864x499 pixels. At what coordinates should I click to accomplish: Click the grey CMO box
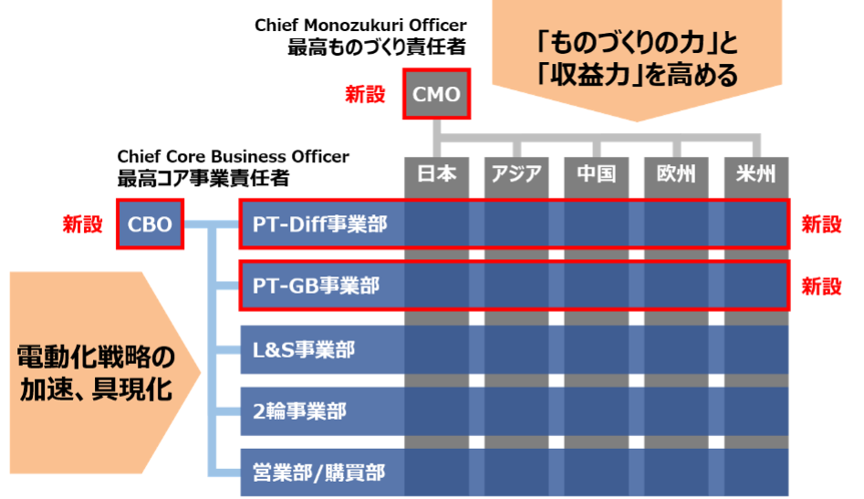click(437, 94)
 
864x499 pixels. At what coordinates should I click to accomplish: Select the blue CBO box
click(151, 224)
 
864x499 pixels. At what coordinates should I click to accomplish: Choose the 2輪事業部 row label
click(299, 411)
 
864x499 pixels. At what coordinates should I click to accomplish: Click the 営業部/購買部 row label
click(318, 473)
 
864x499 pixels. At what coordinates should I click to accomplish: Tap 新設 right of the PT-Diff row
click(821, 224)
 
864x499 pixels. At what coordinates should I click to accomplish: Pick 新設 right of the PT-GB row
click(821, 286)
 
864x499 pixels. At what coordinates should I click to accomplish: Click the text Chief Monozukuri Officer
click(360, 25)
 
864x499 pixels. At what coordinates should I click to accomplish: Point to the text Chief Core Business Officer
click(233, 157)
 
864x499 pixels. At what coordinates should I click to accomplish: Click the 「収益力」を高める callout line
click(637, 76)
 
